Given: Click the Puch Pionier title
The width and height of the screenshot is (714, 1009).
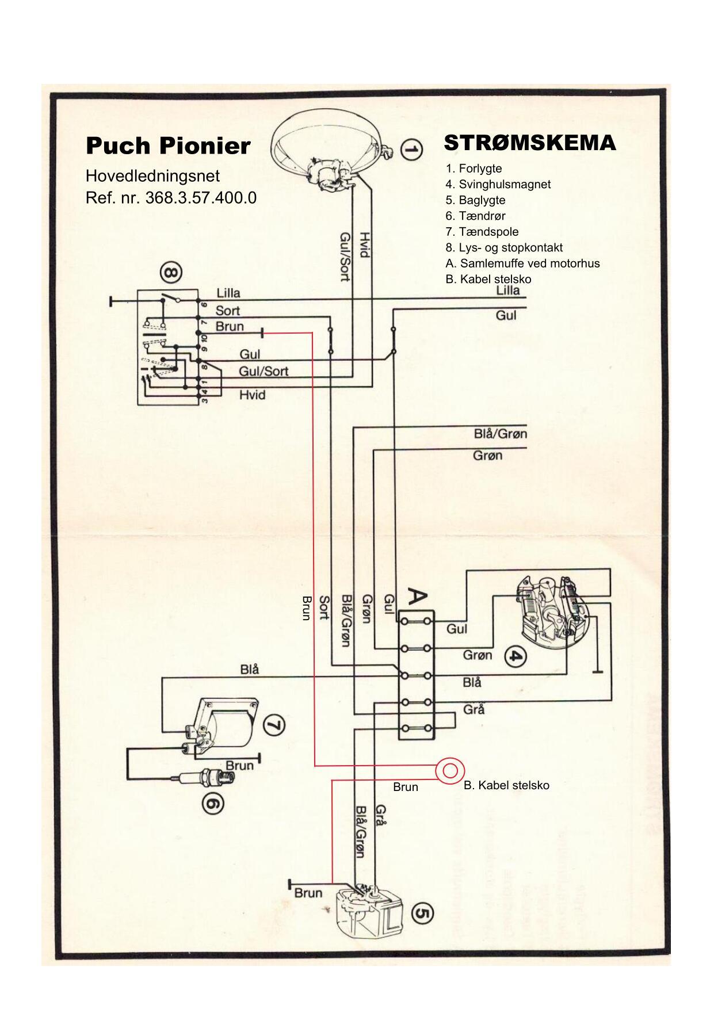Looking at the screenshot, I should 168,146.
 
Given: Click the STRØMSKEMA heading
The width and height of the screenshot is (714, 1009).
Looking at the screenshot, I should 530,143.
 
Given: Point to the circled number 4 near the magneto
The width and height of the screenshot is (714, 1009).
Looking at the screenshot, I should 516,656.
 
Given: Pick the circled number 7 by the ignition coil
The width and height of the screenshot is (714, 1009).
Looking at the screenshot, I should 274,725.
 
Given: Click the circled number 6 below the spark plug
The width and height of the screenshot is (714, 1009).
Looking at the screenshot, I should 213,804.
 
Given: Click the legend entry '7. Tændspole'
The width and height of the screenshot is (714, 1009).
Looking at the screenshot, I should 482,232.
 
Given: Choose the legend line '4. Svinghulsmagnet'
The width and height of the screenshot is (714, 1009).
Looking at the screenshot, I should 498,185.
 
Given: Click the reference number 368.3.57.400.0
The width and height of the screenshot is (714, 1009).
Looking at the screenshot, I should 171,198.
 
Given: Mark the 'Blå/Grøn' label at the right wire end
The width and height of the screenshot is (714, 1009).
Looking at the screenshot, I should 500,434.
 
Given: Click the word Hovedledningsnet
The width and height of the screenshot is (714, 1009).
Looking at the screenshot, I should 152,175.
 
